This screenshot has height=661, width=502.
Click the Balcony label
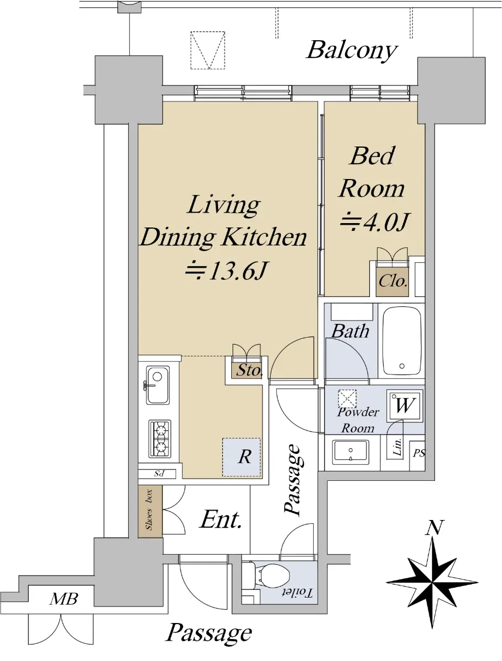click(x=352, y=51)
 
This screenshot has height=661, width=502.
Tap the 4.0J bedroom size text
click(x=375, y=222)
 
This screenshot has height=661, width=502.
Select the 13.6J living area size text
click(x=226, y=270)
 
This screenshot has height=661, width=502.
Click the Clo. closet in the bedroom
click(x=392, y=281)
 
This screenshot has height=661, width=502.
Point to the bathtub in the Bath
click(x=402, y=340)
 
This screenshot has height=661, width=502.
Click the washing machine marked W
click(x=405, y=405)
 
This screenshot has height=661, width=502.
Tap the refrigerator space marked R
click(x=242, y=457)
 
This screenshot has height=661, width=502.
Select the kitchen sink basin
click(x=157, y=385)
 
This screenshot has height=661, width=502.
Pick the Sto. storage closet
click(x=247, y=370)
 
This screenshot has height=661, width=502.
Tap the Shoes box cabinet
click(x=150, y=511)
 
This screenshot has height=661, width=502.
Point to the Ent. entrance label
click(x=221, y=520)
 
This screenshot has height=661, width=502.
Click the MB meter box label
click(x=64, y=599)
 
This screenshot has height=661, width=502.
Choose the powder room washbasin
click(x=351, y=452)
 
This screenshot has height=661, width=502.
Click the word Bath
click(x=351, y=331)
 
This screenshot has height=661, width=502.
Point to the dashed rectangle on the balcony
click(x=208, y=50)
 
